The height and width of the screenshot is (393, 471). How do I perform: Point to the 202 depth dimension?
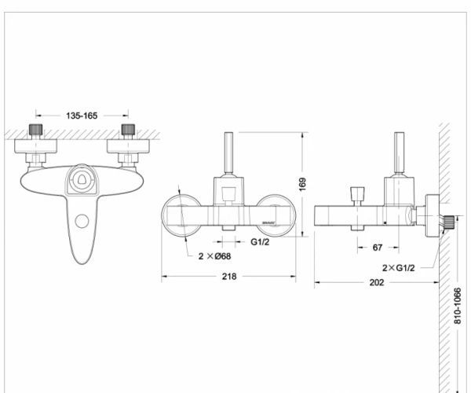(376, 282)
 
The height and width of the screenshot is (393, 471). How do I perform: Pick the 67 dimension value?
(378, 248)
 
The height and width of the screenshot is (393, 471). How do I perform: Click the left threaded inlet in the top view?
(35, 130)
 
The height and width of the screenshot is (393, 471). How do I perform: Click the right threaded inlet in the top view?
(127, 130)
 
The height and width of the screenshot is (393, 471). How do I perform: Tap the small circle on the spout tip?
(81, 222)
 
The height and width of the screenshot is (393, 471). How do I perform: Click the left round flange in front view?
(181, 213)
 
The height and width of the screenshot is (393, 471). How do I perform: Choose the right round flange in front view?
(276, 213)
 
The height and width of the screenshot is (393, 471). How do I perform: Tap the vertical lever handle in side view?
(398, 155)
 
